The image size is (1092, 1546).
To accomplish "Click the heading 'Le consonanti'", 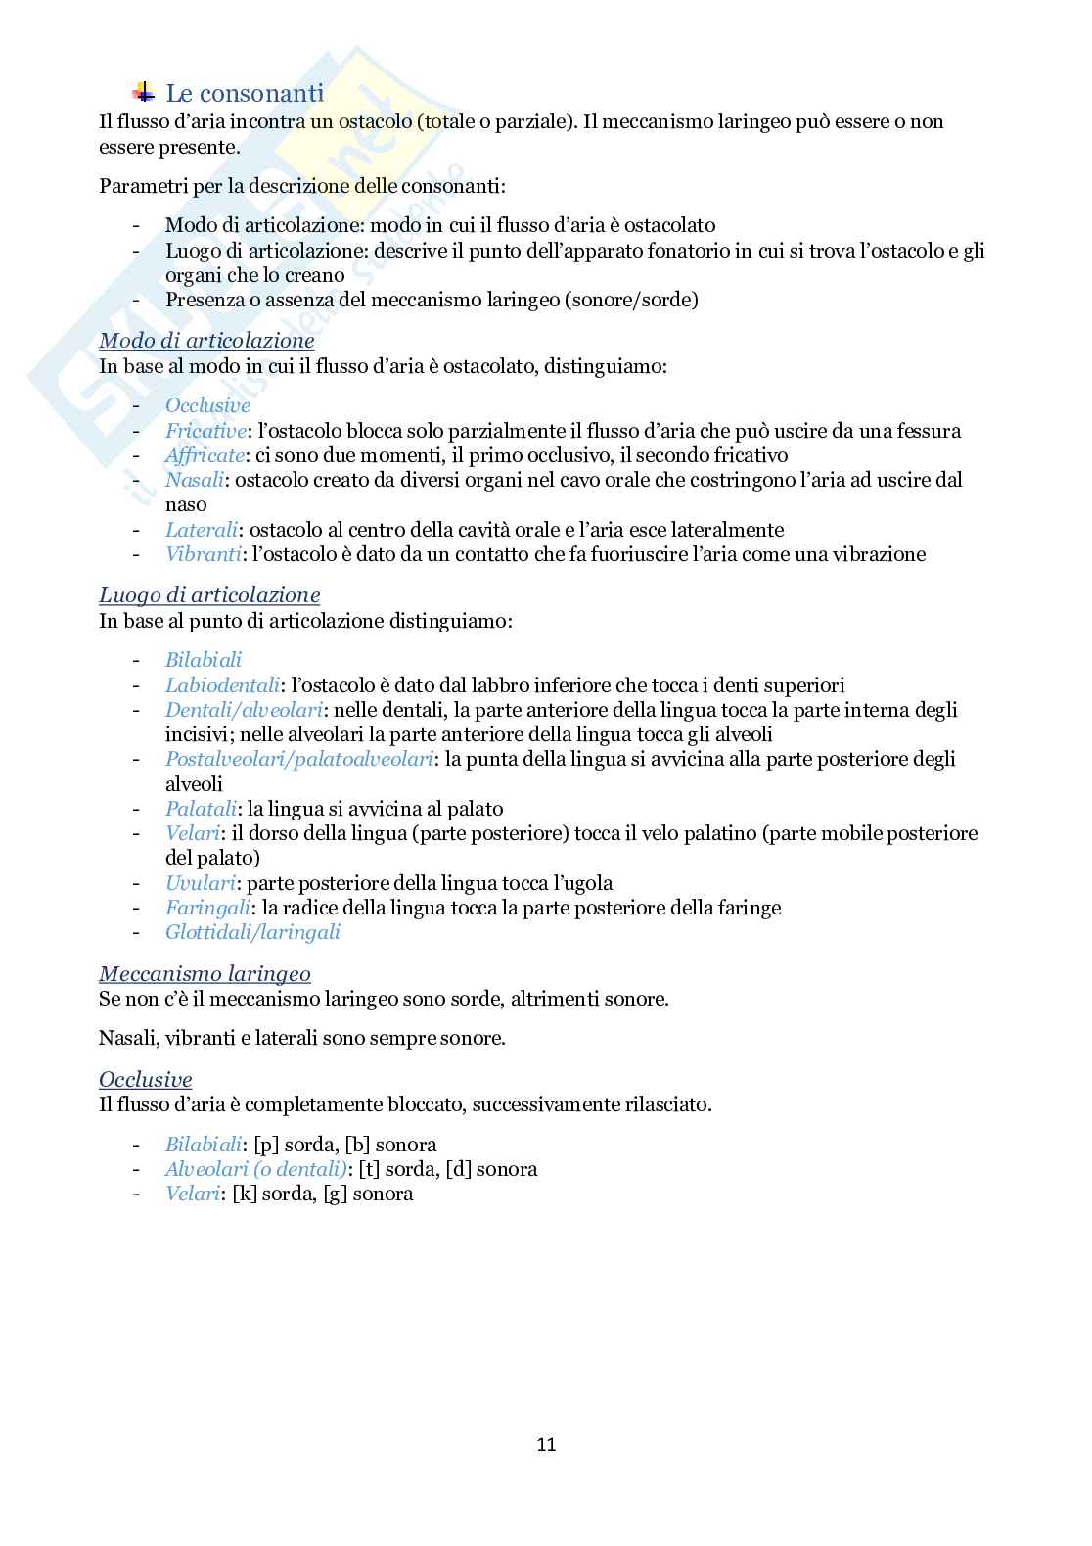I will (245, 94).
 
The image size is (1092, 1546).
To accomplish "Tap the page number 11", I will (546, 1444).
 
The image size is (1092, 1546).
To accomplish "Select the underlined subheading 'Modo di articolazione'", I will (206, 341).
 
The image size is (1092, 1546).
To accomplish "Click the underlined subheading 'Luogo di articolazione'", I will (209, 595).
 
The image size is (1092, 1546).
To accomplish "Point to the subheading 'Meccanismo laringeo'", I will (205, 974).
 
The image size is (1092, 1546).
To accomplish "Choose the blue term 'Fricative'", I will (205, 431).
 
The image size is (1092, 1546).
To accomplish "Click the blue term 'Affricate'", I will (204, 455).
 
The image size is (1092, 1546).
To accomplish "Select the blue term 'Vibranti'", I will (204, 554).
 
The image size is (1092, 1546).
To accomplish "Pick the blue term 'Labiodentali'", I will (222, 685).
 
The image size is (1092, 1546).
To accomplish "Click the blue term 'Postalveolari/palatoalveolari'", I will (298, 759).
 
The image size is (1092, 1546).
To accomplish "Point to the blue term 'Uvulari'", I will (200, 883).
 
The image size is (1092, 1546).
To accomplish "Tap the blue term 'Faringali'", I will (207, 908).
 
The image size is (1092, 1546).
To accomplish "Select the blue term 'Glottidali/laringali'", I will (252, 932).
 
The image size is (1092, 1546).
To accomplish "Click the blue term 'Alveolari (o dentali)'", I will (256, 1169).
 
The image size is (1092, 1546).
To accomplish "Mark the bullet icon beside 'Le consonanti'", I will (143, 93).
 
